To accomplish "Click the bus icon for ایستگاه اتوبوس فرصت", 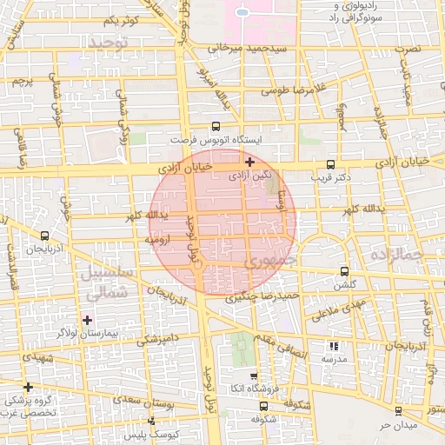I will pos(216,126).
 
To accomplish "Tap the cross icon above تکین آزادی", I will pos(250,162).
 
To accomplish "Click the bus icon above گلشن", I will pos(345,271).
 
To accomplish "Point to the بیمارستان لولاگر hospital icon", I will pos(87,320).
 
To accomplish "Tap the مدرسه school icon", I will pos(335,346).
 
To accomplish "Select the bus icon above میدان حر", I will pos(398,411).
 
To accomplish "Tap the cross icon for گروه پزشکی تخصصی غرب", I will pos(29,387).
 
